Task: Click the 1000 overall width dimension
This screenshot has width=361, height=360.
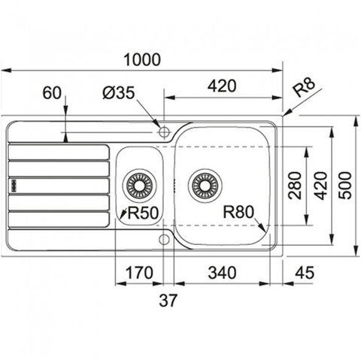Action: pyautogui.click(x=142, y=59)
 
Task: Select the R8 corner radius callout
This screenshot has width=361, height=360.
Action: pyautogui.click(x=304, y=87)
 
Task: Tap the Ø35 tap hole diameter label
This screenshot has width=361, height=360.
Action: pyautogui.click(x=119, y=92)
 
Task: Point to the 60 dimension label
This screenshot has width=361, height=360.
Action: pyautogui.click(x=52, y=92)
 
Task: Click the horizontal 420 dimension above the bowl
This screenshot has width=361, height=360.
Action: pyautogui.click(x=222, y=86)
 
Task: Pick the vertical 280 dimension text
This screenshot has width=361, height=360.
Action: pyautogui.click(x=294, y=186)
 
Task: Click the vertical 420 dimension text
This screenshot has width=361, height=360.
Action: pyautogui.click(x=321, y=186)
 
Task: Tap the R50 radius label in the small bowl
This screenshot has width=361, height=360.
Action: pyautogui.click(x=143, y=213)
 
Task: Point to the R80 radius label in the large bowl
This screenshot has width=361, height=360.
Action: pyautogui.click(x=238, y=212)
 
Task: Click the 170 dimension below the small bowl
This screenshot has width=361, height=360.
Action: pyautogui.click(x=139, y=273)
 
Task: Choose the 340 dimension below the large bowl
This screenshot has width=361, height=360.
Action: pyautogui.click(x=222, y=273)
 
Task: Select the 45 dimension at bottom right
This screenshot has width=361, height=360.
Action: pyautogui.click(x=305, y=273)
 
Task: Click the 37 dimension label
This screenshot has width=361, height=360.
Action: pyautogui.click(x=168, y=300)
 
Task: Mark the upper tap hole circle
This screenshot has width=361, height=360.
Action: pyautogui.click(x=165, y=132)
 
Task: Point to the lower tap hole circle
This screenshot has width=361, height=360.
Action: pyautogui.click(x=164, y=240)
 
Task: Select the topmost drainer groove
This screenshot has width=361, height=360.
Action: pyautogui.click(x=59, y=152)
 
